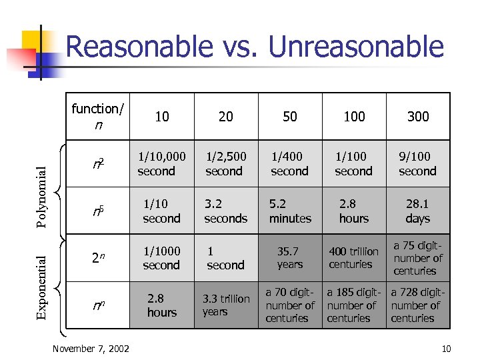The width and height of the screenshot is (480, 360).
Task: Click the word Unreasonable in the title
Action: point(355,47)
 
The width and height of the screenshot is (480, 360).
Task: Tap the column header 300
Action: point(418,117)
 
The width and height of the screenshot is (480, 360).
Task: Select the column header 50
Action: point(290,117)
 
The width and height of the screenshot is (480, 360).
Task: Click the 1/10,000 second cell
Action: point(161,164)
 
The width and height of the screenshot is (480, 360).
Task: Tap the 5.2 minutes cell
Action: point(290,211)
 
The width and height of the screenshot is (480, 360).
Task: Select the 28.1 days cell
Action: point(418,211)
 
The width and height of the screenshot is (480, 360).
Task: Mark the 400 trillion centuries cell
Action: point(353,258)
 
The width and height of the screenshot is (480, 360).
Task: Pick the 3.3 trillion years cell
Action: point(225,305)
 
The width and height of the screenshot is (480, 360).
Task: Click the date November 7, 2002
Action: point(91,349)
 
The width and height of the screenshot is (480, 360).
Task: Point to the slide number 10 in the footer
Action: point(446,349)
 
